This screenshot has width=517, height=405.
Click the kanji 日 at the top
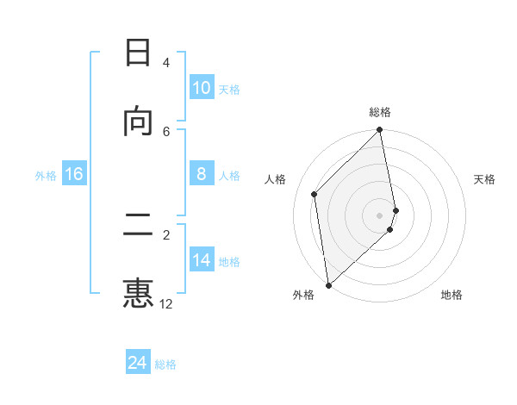point(138,53)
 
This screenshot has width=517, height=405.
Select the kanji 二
point(138,225)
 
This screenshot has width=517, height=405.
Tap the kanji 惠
point(138,291)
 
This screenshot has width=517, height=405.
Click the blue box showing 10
point(201,88)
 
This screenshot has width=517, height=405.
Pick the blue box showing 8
point(201,174)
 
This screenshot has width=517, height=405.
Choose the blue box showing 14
point(201,260)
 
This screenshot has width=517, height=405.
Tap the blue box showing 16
point(74,174)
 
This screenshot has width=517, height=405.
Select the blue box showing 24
point(138,363)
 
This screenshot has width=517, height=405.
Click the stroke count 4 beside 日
point(166,63)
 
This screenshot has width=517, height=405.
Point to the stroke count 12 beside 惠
point(166,303)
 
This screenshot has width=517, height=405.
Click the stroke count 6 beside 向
point(166,131)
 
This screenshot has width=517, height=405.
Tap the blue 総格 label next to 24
point(165,364)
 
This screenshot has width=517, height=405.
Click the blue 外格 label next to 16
point(46,176)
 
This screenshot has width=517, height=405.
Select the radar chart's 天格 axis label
point(485,179)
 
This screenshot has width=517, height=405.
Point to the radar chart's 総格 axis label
point(380,112)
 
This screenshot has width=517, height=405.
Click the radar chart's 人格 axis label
point(276,179)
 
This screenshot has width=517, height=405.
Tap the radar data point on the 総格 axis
point(380,131)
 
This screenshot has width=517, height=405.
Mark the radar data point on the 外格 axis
point(328,284)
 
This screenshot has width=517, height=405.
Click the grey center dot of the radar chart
point(380,215)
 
